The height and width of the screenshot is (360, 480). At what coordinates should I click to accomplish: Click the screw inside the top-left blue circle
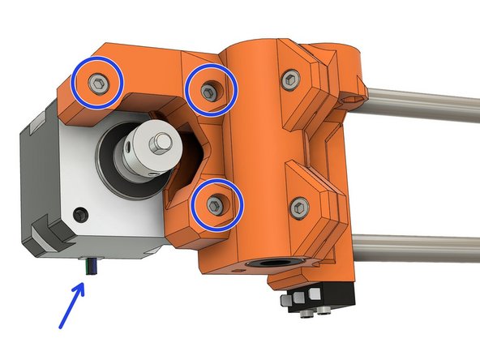pos(96,84)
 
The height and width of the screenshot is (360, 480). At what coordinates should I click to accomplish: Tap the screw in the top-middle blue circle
pos(211,91)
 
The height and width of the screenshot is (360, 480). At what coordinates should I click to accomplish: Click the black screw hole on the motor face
pos(79,215)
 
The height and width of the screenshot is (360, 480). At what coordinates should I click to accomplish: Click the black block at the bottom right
pos(332,290)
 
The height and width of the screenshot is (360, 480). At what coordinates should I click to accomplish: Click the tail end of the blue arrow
pos(61,327)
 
